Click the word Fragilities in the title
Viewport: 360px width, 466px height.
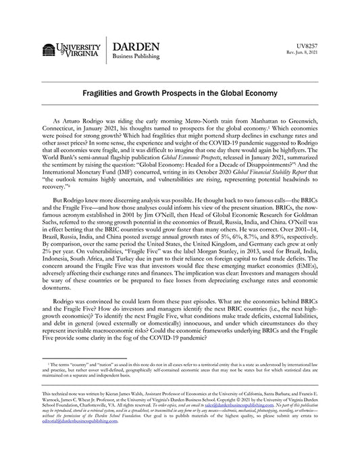pyautogui.click(x=111, y=91)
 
